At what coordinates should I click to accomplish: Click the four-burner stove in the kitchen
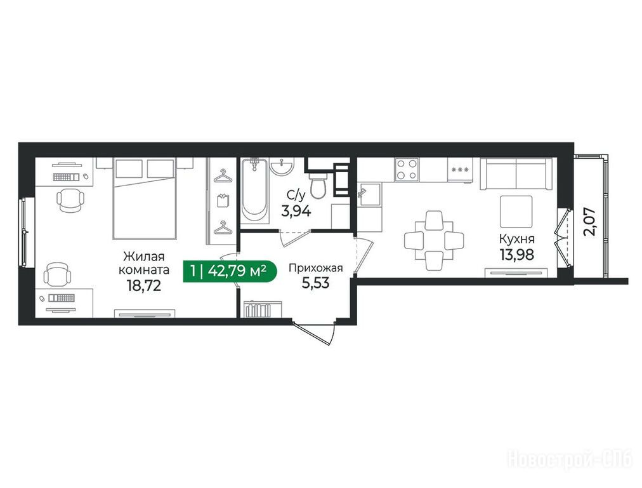point(407,170)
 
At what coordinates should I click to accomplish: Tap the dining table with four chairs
point(433,240)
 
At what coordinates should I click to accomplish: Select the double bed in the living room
point(145,198)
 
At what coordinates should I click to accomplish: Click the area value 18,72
point(144,285)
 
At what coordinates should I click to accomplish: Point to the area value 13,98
point(517,254)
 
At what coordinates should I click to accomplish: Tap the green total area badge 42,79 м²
point(230,271)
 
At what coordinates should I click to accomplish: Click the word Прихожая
point(316,269)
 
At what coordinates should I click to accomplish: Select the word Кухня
point(517,239)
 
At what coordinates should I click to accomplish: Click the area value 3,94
point(296,211)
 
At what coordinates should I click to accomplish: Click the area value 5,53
point(315,283)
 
